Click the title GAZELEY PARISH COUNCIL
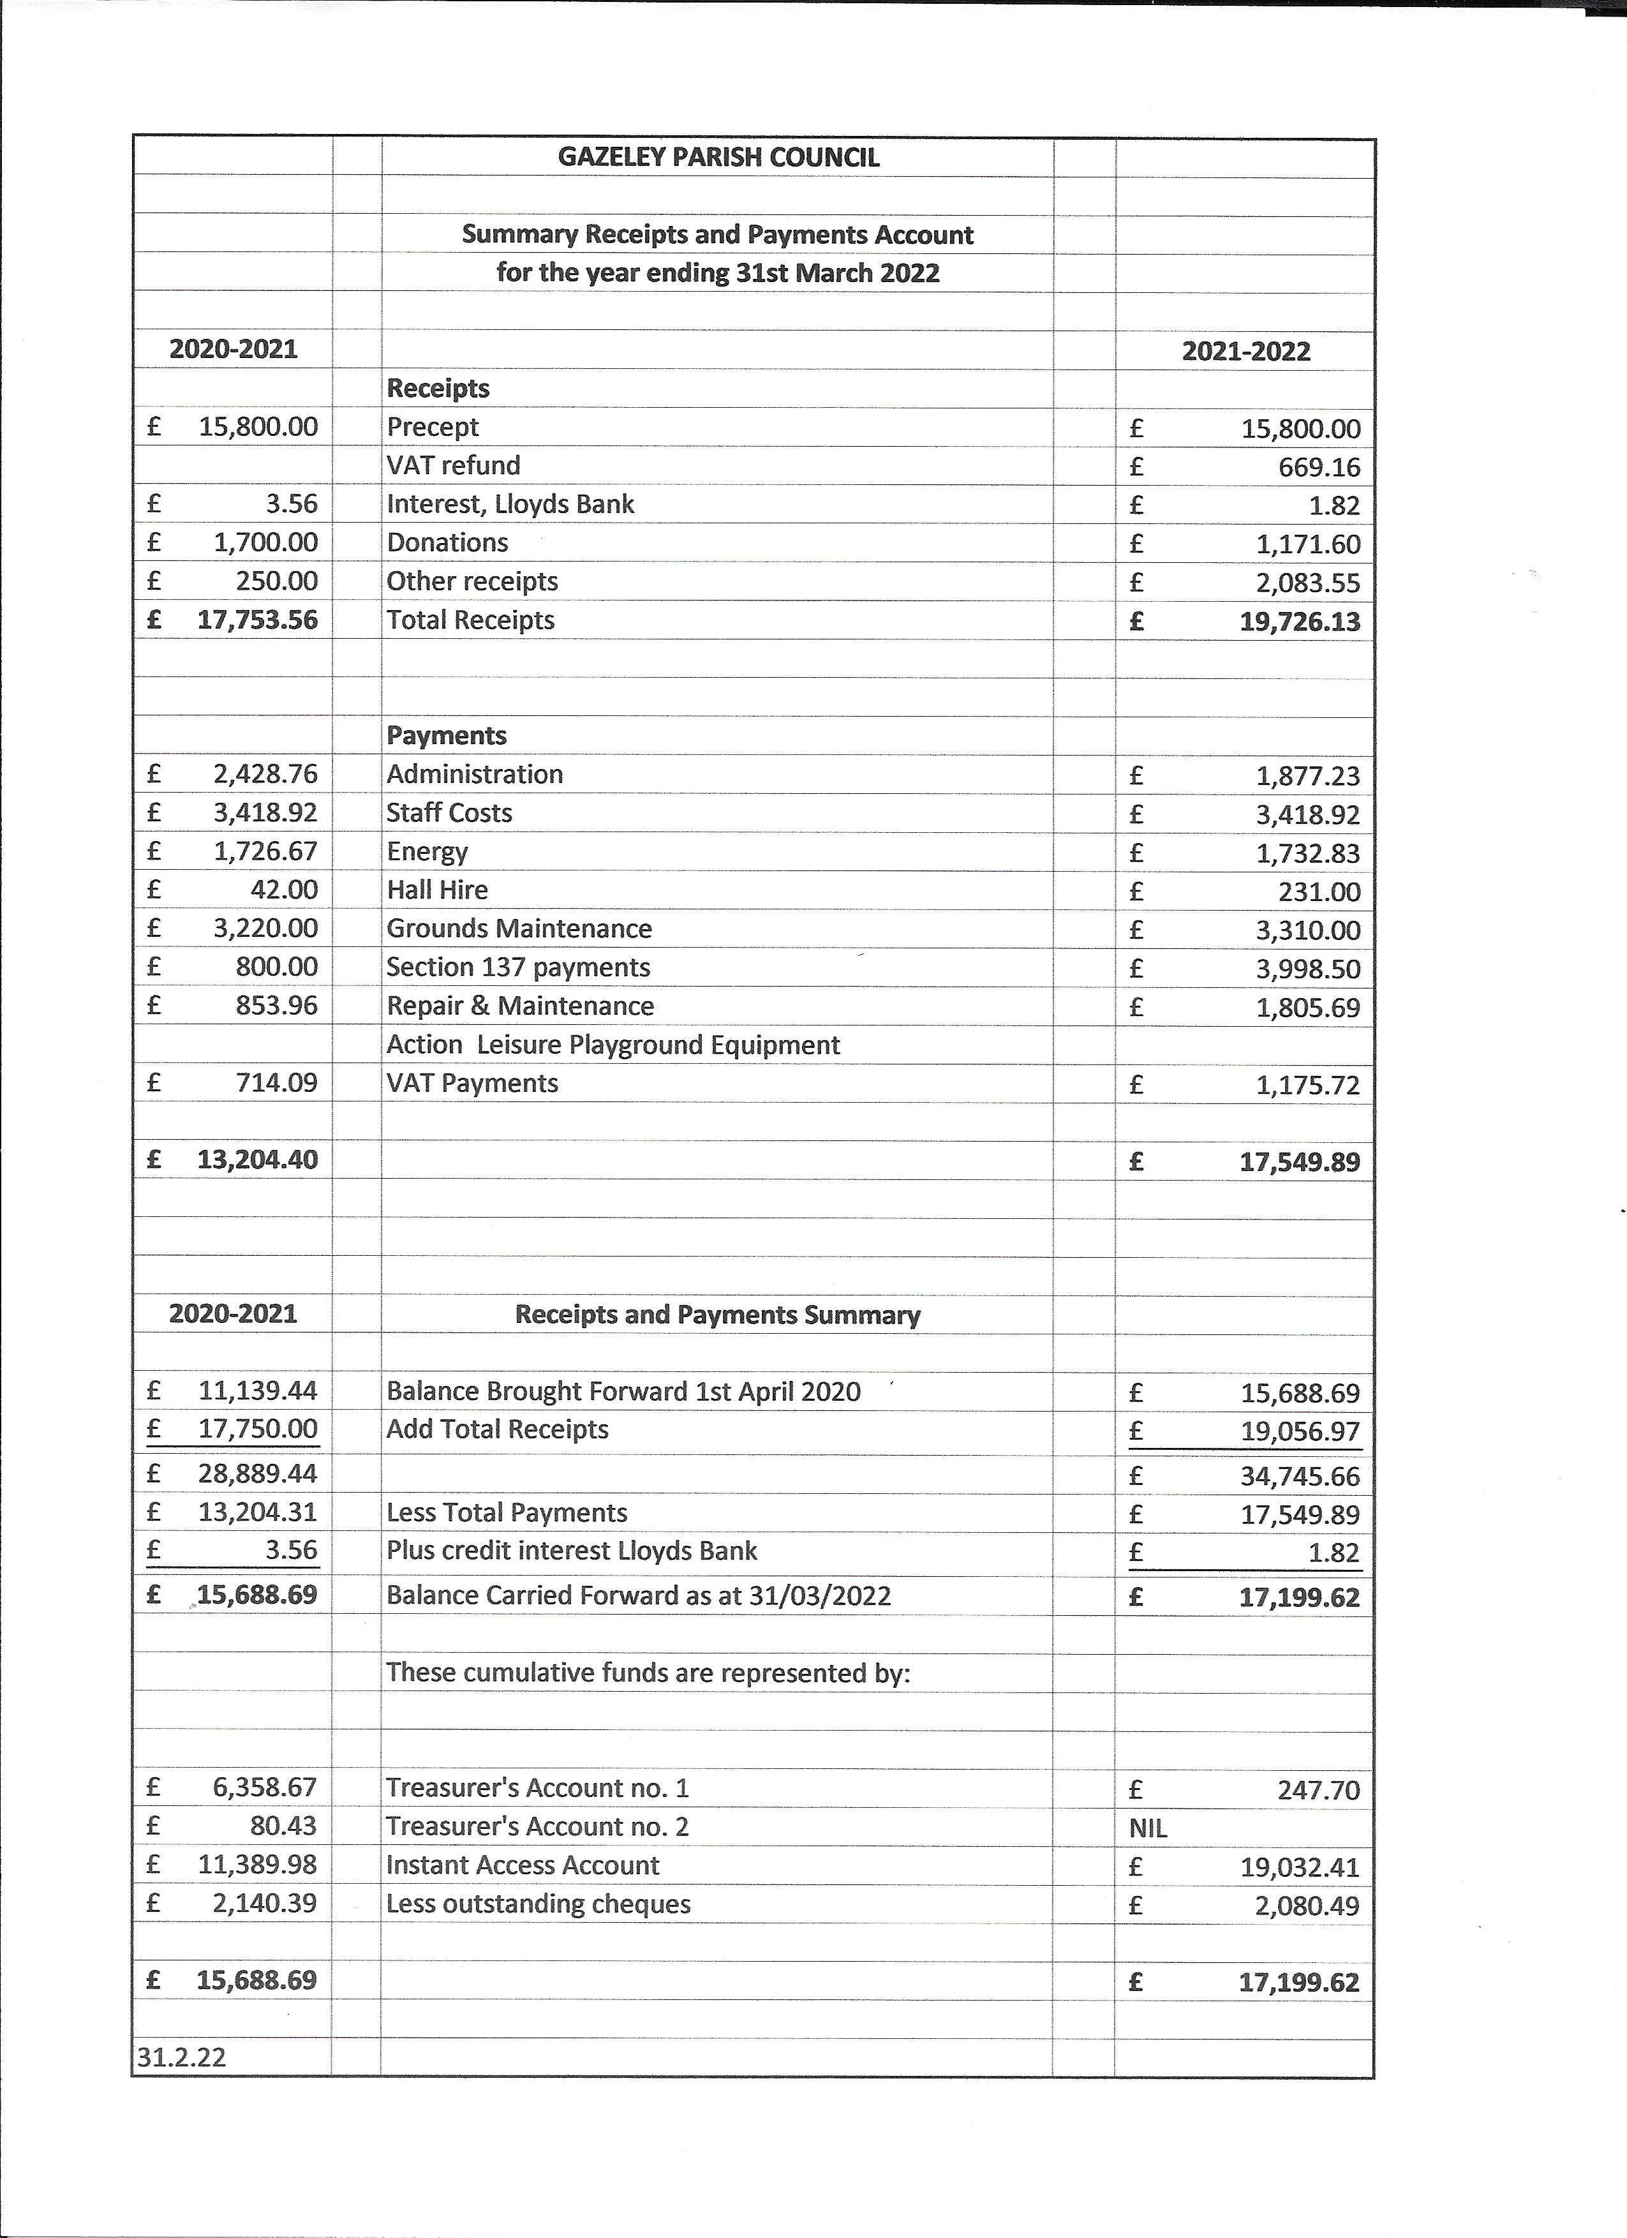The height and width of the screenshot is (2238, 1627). point(718,158)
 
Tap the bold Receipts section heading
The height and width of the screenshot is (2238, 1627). point(438,389)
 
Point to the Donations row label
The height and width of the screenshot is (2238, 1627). point(447,542)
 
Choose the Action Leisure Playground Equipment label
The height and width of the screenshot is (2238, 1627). point(613,1045)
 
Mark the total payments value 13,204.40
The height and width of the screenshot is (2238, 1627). point(256,1160)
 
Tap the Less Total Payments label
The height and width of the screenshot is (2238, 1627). point(506,1512)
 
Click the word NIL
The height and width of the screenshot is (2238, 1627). point(1147,1828)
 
